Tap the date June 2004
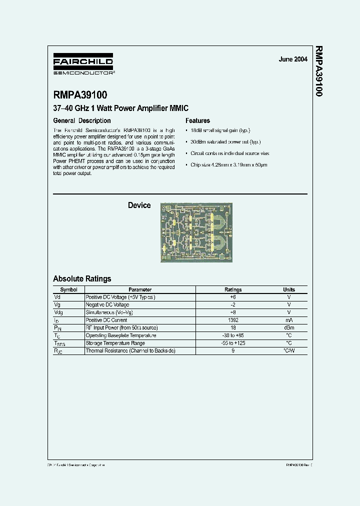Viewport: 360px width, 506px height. [x=293, y=59]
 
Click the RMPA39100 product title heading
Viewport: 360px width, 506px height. [x=80, y=94]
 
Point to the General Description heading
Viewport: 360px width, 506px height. [x=82, y=120]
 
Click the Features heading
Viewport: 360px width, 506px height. [x=197, y=120]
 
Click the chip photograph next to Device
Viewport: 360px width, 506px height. [x=196, y=232]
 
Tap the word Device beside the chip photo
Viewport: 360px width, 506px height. [x=139, y=205]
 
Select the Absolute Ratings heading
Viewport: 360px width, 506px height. [x=82, y=278]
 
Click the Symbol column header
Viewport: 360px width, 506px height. [x=68, y=289]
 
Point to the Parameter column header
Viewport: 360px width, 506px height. [x=140, y=289]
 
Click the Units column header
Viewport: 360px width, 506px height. [x=289, y=289]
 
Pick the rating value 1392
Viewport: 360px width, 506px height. [x=233, y=320]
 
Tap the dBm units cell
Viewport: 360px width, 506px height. [x=289, y=327]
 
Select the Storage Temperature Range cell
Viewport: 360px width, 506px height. [x=115, y=343]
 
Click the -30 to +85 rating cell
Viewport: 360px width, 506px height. [x=233, y=335]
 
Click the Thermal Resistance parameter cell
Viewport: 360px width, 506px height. [x=130, y=351]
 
